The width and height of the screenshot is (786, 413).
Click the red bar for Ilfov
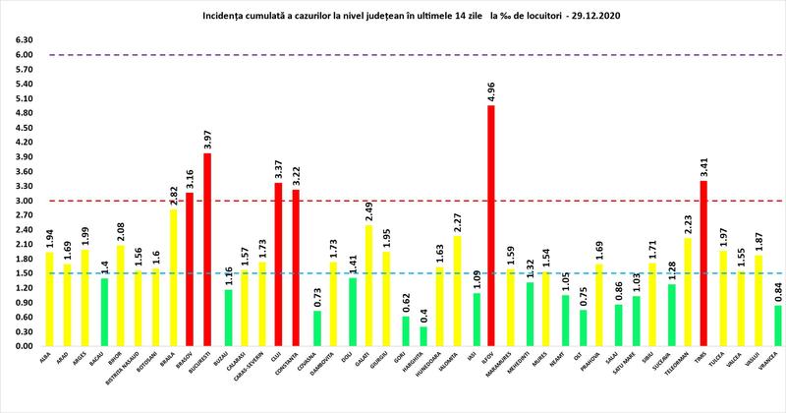pyautogui.click(x=491, y=226)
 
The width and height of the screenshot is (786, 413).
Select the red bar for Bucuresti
pyautogui.click(x=207, y=250)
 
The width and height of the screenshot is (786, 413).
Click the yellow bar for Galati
pyautogui.click(x=367, y=286)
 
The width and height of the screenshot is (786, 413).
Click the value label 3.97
pyautogui.click(x=207, y=139)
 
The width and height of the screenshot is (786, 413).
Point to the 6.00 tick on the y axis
pyautogui.click(x=22, y=55)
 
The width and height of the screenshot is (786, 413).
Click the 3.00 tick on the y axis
pyautogui.click(x=22, y=201)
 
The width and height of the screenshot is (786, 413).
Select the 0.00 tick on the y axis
pyautogui.click(x=22, y=346)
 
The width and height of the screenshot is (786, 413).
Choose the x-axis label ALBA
pyautogui.click(x=46, y=360)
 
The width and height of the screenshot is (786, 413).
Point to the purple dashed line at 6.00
pyautogui.click(x=393, y=55)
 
